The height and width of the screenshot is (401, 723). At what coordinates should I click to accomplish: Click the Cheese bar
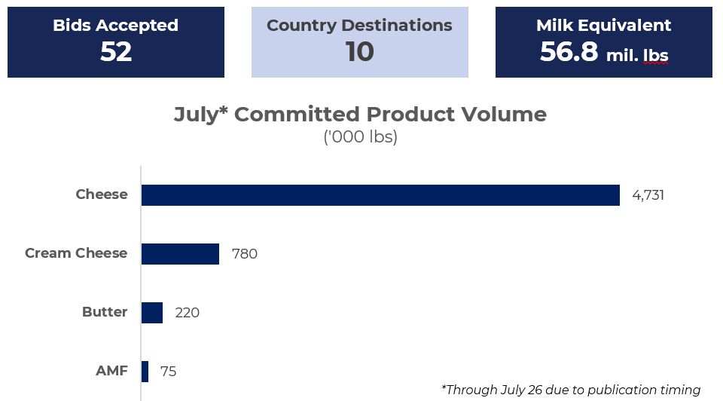[380, 195]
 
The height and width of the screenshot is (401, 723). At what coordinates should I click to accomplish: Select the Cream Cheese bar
[180, 254]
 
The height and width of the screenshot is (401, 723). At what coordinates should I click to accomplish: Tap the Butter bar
[152, 313]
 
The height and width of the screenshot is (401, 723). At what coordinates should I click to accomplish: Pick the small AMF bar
[145, 372]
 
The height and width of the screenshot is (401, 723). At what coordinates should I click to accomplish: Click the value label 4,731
[648, 196]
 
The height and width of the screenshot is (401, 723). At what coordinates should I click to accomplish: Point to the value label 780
[244, 254]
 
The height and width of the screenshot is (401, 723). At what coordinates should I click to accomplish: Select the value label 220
[188, 313]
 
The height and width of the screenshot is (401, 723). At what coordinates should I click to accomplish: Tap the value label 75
[168, 372]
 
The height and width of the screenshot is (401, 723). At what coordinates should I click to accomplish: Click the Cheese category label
[102, 194]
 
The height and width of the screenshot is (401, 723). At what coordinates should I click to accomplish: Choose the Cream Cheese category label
[76, 253]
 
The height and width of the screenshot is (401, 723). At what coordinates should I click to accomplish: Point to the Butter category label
[105, 312]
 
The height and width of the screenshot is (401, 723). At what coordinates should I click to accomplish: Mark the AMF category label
[111, 371]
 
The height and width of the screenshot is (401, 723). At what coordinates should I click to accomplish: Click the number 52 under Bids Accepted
[116, 52]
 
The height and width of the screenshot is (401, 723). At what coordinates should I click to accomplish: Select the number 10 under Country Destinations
[360, 52]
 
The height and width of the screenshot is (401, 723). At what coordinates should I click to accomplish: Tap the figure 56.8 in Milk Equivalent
[569, 52]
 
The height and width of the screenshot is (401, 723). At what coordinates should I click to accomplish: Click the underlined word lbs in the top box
[656, 55]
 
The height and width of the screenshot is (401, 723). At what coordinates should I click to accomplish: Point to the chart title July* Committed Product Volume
[360, 115]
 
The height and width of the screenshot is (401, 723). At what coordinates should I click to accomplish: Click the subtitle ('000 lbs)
[360, 136]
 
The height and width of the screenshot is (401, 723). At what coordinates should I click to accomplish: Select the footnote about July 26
[571, 390]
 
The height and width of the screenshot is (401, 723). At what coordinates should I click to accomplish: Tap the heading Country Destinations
[360, 26]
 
